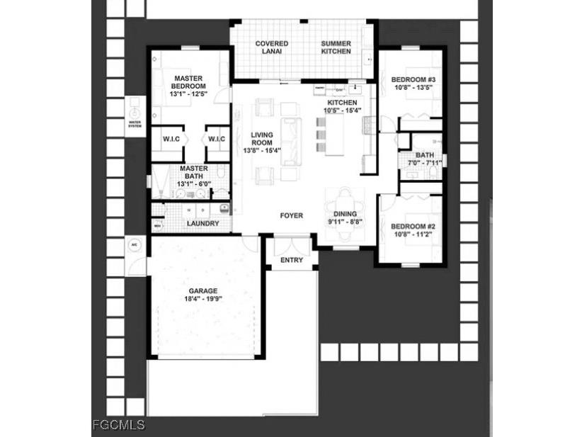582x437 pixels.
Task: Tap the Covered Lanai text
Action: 271,47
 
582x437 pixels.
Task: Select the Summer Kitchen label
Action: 336,47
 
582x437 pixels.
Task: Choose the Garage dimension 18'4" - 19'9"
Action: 203,299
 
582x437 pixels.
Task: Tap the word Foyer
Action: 292,215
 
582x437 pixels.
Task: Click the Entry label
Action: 292,260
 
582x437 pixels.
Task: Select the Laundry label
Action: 202,224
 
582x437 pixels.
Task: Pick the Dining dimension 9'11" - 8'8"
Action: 345,222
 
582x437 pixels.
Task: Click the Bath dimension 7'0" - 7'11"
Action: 425,163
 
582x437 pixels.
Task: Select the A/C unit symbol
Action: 133,245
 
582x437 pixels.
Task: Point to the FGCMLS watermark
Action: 118,425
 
